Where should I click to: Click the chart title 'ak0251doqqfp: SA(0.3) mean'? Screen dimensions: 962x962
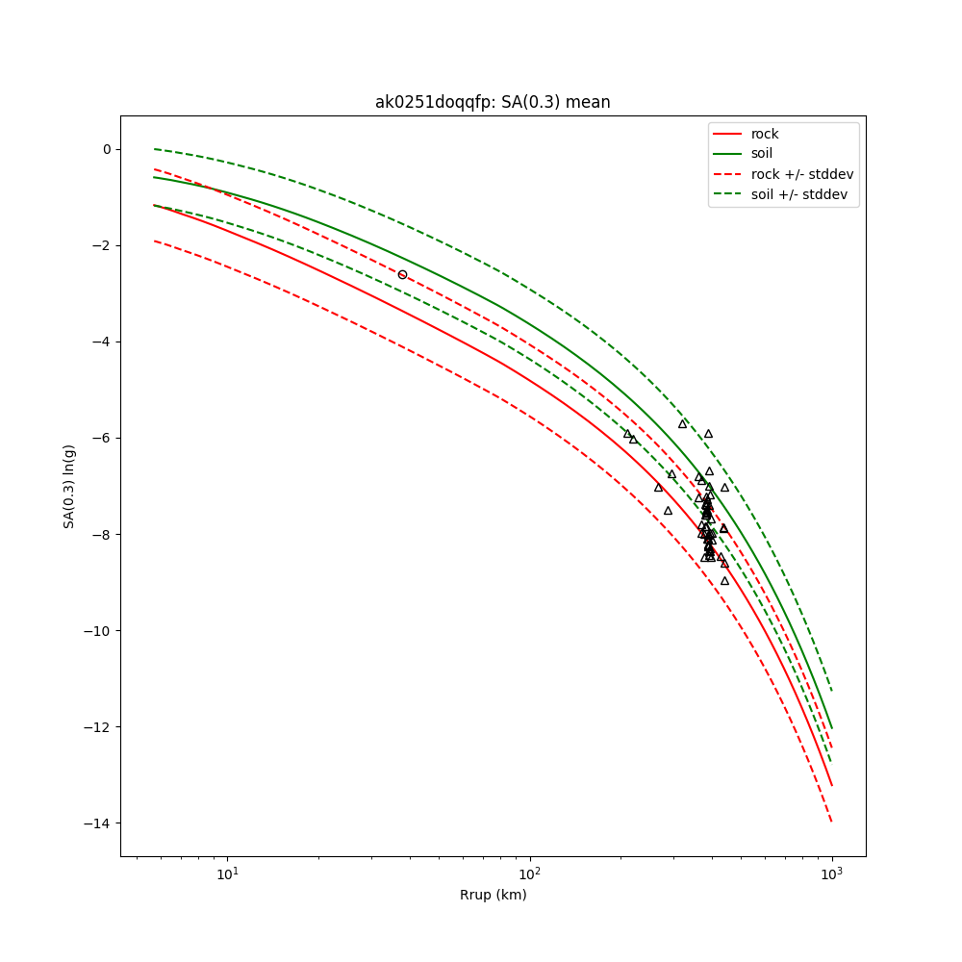point(493,102)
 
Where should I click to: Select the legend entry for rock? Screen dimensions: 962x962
point(765,134)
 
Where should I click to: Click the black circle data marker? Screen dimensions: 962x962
point(402,274)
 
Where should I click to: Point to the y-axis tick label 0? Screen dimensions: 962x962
point(106,149)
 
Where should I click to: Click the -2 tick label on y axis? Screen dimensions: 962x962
point(102,245)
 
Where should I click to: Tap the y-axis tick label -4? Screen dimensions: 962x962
point(102,342)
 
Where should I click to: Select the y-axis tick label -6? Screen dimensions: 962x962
point(102,438)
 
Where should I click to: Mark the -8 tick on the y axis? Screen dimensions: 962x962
point(102,534)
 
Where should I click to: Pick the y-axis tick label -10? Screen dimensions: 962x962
point(98,630)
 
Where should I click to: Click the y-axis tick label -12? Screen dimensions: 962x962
point(98,726)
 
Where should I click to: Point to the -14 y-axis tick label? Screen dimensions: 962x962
point(98,823)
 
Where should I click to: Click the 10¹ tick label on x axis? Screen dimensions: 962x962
point(228,873)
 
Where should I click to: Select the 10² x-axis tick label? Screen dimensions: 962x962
point(530,873)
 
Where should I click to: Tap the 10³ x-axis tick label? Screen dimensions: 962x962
point(832,873)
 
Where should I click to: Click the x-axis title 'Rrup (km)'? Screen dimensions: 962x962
point(493,895)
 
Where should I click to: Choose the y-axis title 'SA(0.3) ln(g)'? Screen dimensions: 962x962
point(69,486)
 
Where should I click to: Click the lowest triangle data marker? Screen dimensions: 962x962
point(724,580)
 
